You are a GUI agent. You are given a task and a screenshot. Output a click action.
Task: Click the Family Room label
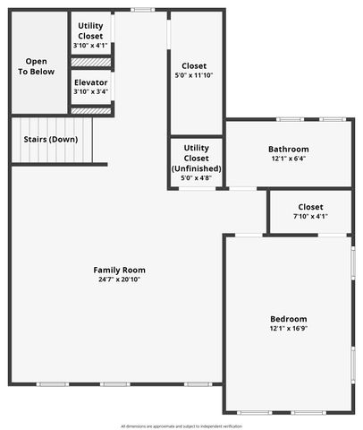tap(120, 270)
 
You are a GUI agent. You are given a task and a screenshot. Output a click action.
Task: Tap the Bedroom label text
tap(289, 319)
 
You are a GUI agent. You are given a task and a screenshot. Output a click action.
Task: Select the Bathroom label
tap(289, 149)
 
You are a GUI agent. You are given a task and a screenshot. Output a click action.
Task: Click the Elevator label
tap(91, 82)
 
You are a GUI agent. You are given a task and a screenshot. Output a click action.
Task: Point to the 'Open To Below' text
tap(37, 66)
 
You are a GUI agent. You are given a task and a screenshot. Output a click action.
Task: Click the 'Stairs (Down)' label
tap(50, 140)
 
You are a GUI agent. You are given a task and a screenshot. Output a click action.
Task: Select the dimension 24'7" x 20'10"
tap(120, 279)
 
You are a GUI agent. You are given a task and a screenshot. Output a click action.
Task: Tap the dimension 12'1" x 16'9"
tap(289, 329)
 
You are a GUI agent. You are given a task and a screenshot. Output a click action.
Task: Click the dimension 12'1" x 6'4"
tap(289, 159)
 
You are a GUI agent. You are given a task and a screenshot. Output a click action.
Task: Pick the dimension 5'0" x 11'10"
tap(194, 75)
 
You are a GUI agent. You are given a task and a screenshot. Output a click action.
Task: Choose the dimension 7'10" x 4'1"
tap(310, 216)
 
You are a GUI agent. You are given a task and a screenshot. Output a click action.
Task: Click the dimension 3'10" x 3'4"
tap(91, 91)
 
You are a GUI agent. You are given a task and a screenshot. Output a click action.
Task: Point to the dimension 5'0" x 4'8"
tap(197, 178)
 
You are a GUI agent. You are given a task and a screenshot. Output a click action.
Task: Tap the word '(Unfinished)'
tap(197, 168)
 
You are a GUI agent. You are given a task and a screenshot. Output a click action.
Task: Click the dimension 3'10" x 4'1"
tap(91, 45)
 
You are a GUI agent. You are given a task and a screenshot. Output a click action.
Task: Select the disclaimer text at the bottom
tap(181, 426)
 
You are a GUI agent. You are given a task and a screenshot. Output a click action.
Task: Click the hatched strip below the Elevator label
tap(91, 110)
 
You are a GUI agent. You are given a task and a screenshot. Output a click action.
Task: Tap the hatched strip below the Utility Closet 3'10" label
tap(91, 63)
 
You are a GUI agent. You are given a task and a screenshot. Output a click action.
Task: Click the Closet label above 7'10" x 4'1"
tap(310, 207)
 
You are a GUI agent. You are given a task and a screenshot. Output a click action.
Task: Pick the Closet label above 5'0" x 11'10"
tap(194, 65)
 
